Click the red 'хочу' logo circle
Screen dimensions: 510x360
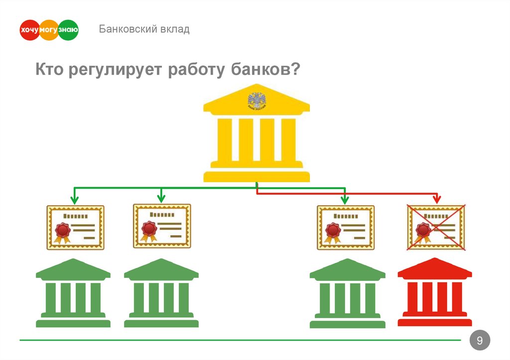[29, 30]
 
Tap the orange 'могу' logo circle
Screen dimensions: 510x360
[49, 30]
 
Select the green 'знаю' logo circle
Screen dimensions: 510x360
[68, 30]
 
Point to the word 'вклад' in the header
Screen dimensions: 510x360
[175, 29]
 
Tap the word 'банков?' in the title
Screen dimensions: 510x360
[265, 70]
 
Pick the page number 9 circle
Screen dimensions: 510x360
[480, 341]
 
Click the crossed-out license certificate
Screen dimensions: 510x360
[436, 227]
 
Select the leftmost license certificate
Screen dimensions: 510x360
[75, 227]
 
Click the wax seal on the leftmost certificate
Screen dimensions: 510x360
[62, 230]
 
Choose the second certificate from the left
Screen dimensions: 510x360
[162, 226]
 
